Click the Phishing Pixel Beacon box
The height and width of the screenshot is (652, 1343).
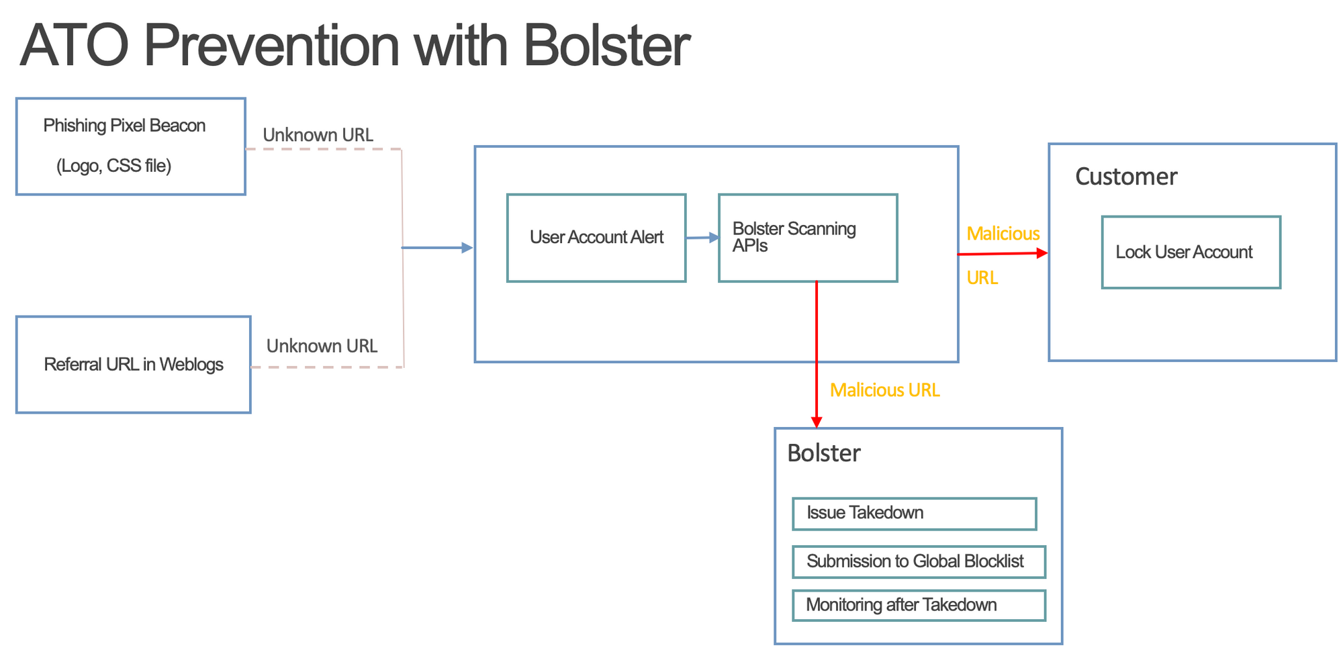131,146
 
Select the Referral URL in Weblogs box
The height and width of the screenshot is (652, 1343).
134,365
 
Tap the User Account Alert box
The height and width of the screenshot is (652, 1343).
596,238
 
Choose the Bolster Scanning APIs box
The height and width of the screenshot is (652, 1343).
808,238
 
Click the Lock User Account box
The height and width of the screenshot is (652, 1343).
1191,252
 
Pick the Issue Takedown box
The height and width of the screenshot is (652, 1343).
915,514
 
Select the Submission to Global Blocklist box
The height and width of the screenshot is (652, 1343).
919,562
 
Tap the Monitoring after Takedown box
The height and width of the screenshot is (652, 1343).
919,605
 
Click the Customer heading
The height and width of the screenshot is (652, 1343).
1126,177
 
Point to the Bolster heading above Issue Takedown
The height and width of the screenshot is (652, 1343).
824,453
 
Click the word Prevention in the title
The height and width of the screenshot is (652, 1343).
271,46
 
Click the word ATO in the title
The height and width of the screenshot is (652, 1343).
75,46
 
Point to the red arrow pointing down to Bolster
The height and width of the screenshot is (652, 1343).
817,355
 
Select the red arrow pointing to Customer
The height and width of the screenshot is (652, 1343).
1003,254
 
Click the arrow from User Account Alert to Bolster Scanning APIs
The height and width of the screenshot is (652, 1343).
702,237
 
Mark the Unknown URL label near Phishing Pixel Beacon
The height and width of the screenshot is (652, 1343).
318,135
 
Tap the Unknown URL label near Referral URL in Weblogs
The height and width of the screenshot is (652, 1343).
322,346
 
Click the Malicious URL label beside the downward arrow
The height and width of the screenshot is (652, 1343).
885,390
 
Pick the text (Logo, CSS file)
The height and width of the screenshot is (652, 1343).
114,166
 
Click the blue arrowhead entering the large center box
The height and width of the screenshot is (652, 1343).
467,248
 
